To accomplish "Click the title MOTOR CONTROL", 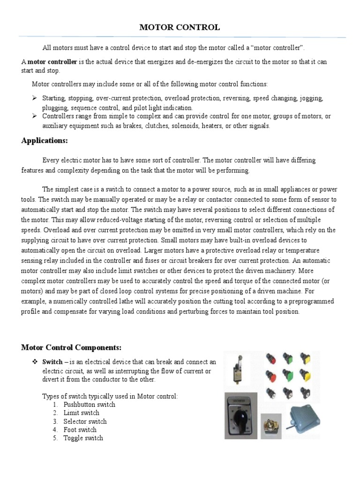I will [x=180, y=28].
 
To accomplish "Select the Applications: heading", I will [x=45, y=141].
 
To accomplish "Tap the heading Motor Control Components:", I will [x=71, y=347].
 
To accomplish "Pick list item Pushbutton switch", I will [x=89, y=405].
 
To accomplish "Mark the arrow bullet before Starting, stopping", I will [x=34, y=99].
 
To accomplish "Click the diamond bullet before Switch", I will [x=34, y=362].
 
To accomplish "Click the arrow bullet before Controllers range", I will [x=34, y=116].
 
